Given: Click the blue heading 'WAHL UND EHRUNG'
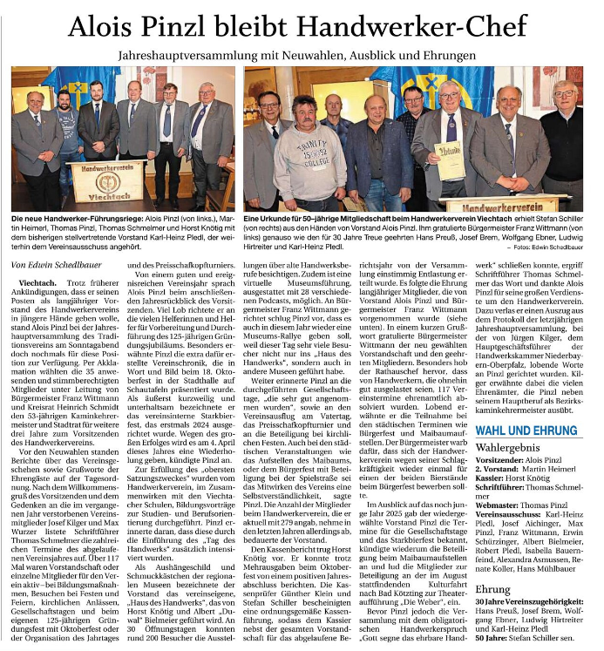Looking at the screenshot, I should tap(526, 430).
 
